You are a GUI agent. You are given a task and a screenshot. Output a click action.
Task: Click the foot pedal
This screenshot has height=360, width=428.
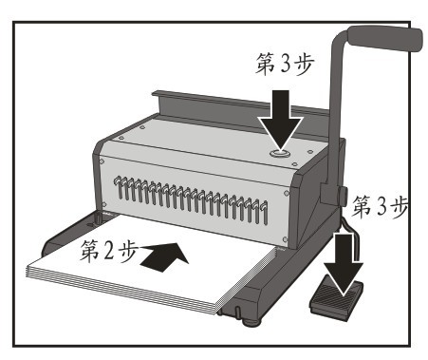click(336, 299)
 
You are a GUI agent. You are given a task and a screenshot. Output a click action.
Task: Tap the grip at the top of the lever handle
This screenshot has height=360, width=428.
click(385, 37)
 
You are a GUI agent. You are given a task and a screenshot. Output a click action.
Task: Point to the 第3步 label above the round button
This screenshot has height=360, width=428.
click(285, 64)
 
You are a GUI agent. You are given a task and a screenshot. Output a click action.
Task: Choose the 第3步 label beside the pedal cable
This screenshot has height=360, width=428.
click(380, 207)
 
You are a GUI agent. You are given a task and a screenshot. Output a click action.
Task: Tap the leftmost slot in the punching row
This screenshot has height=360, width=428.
click(119, 187)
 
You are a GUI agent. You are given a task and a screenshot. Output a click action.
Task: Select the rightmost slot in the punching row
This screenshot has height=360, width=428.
click(264, 213)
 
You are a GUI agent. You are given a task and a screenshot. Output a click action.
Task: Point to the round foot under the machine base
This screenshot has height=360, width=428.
click(252, 322)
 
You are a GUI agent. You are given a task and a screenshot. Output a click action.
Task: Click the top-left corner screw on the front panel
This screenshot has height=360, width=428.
click(102, 161)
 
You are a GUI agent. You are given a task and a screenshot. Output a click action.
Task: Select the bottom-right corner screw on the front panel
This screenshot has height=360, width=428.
click(285, 239)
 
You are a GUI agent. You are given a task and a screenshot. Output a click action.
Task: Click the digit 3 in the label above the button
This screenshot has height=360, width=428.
click(285, 65)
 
